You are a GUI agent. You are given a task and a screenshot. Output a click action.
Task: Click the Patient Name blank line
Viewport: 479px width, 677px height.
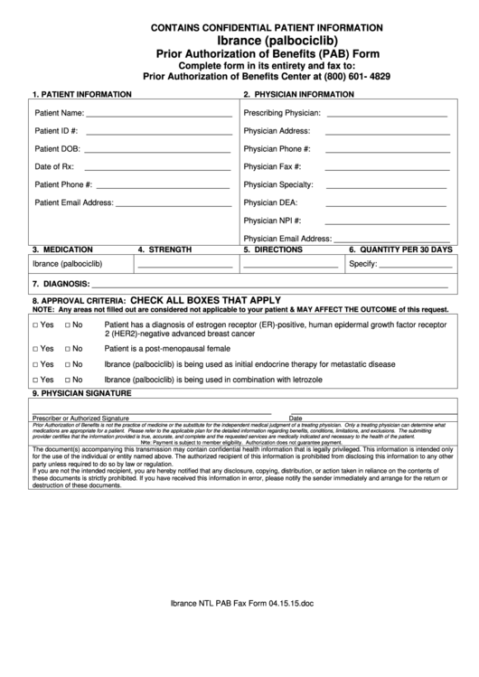[x=159, y=117]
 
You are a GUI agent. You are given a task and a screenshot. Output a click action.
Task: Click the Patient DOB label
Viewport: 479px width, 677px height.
[x=58, y=148]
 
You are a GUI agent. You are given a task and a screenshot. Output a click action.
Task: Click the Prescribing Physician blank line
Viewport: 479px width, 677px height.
[x=386, y=117]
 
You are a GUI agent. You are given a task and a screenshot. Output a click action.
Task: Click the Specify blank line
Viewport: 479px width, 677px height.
[x=414, y=266]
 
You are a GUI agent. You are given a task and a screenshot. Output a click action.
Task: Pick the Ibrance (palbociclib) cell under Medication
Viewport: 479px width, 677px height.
[x=68, y=264]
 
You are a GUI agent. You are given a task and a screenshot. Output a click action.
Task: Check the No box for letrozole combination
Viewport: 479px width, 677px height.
[x=68, y=381]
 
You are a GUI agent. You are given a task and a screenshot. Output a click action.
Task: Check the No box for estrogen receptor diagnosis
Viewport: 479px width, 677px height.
[x=68, y=324]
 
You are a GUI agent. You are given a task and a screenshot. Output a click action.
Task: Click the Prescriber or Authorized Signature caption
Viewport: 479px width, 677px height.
[x=80, y=418]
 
